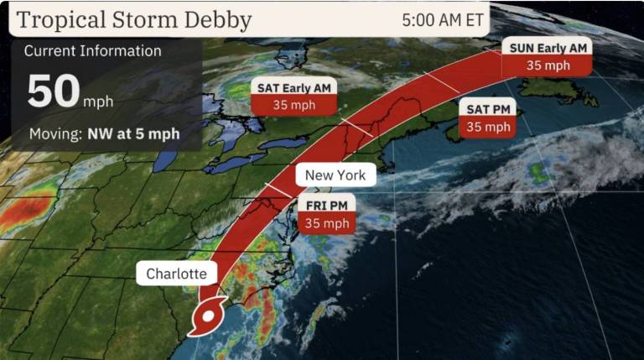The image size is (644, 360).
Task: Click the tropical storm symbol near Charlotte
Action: click(x=206, y=316)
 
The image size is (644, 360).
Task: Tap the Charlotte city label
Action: click(x=176, y=274)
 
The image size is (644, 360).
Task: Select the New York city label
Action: click(x=335, y=175)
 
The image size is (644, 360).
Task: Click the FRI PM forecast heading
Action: click(x=326, y=204)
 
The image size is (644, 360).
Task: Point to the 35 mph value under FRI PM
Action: click(x=326, y=223)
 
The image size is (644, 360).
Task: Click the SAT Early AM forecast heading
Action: click(x=294, y=87)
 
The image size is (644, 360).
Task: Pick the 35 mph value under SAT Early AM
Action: click(x=294, y=106)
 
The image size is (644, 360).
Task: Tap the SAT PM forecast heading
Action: click(x=487, y=108)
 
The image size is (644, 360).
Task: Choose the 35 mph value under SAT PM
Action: click(x=487, y=127)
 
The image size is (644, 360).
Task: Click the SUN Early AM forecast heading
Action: click(x=548, y=47)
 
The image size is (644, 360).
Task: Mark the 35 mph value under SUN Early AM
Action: click(x=548, y=65)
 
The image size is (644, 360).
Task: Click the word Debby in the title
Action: click(x=217, y=19)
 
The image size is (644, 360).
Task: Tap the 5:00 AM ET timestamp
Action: click(x=443, y=19)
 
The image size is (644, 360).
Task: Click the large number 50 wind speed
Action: click(x=53, y=91)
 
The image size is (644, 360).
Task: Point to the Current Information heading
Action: click(x=92, y=50)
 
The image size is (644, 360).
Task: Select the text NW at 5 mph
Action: click(x=133, y=133)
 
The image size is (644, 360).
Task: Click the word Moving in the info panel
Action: click(x=55, y=133)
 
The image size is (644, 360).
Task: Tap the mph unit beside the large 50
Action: click(x=98, y=102)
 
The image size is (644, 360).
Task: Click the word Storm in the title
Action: click(x=143, y=19)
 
